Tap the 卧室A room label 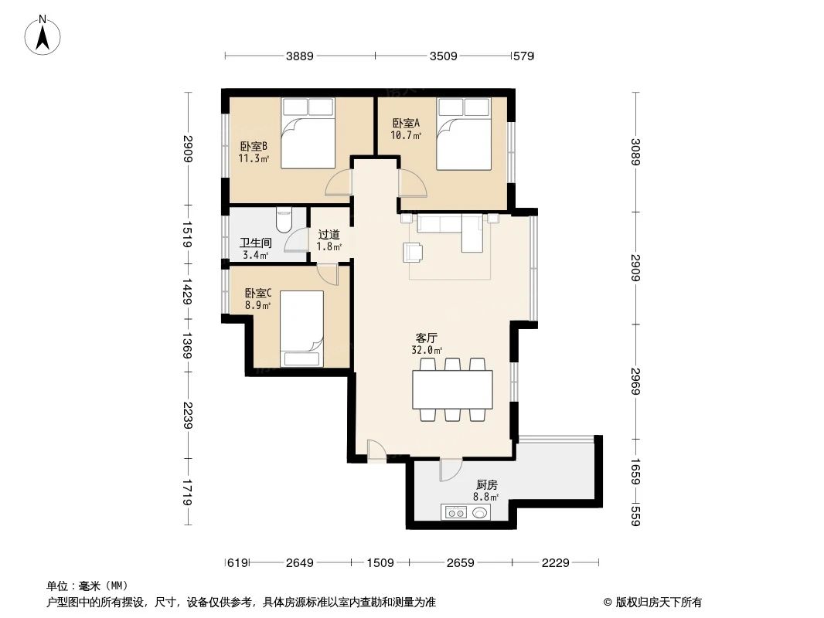pyautogui.click(x=406, y=123)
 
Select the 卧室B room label pyautogui.click(x=253, y=146)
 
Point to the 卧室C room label pyautogui.click(x=258, y=294)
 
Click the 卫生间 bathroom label pyautogui.click(x=254, y=243)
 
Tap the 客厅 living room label pyautogui.click(x=427, y=338)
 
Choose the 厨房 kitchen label pyautogui.click(x=486, y=485)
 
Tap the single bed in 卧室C pyautogui.click(x=302, y=328)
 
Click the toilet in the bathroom pyautogui.click(x=283, y=219)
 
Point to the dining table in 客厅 pyautogui.click(x=452, y=390)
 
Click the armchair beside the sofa pyautogui.click(x=413, y=252)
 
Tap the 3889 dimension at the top pyautogui.click(x=300, y=56)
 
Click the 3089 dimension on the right pyautogui.click(x=635, y=151)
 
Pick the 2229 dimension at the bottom pyautogui.click(x=554, y=563)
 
